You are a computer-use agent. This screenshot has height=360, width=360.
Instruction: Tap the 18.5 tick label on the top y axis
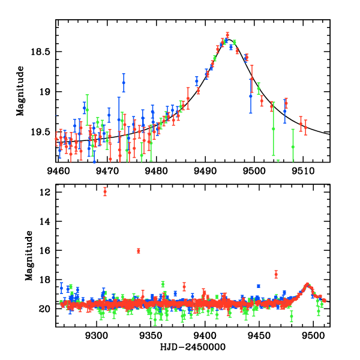pyautogui.click(x=40, y=52)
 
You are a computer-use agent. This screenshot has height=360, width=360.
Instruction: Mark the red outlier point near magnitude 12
pyautogui.click(x=105, y=192)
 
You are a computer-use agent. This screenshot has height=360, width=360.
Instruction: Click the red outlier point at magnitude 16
pyautogui.click(x=139, y=251)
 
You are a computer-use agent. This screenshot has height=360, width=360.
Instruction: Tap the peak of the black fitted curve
pyautogui.click(x=228, y=40)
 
